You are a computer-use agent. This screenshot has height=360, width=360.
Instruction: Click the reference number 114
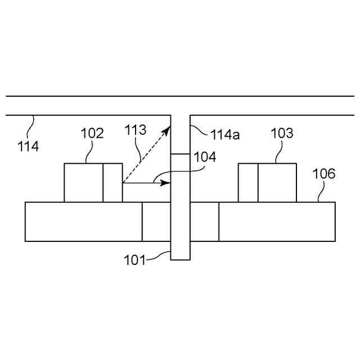point(28,147)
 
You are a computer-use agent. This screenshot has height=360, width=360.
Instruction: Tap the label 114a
point(224,134)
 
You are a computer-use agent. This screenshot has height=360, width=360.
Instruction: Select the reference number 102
point(92,134)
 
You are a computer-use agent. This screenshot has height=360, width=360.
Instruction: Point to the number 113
point(136,130)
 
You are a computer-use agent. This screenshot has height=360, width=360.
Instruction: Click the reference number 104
point(205,157)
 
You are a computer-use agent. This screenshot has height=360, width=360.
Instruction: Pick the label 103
point(282,133)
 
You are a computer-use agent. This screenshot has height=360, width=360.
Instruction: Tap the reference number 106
point(324,174)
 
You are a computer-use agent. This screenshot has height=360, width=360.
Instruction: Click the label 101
point(135,260)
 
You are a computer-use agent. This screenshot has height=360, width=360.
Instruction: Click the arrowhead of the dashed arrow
point(167,130)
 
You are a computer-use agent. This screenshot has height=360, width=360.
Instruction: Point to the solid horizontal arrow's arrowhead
point(166,183)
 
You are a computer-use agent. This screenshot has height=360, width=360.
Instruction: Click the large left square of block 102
point(84,182)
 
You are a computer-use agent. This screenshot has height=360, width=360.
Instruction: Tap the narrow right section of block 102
point(112,182)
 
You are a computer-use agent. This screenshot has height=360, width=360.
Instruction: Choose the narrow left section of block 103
point(248,182)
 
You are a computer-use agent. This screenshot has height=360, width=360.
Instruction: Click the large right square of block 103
point(277,182)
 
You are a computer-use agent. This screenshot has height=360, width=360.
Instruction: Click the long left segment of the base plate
point(83,222)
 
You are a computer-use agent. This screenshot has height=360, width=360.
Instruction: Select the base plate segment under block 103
point(277,222)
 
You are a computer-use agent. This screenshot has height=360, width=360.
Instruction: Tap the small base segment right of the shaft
point(204,222)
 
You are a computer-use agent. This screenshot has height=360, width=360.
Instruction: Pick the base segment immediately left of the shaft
point(156,222)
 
